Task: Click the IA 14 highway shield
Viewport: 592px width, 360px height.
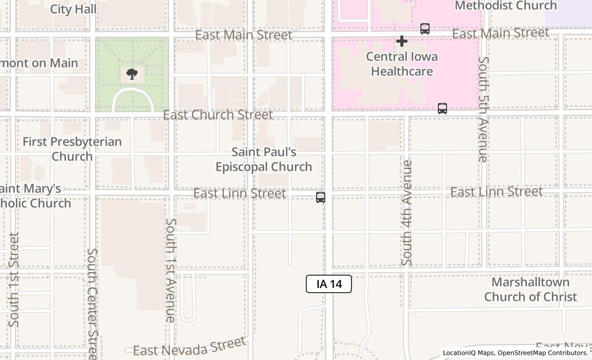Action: tap(329, 284)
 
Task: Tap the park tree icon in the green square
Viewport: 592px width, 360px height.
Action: tap(132, 74)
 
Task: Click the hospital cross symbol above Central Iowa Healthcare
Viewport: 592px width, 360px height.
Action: tap(402, 41)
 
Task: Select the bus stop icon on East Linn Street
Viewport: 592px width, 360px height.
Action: tap(321, 197)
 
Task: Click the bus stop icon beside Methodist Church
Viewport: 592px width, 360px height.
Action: tap(425, 29)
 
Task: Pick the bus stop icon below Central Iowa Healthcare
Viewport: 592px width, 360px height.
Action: tap(442, 109)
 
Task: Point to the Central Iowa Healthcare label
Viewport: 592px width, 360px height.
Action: tap(402, 64)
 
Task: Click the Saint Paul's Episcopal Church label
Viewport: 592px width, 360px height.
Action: tap(264, 159)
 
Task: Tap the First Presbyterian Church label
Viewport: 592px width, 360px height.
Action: tap(72, 149)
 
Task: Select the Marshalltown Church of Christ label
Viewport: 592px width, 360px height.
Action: tap(530, 290)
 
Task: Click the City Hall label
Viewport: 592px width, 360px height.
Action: tap(73, 9)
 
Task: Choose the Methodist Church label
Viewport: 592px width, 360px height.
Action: tap(506, 6)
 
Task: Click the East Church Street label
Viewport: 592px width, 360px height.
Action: tap(218, 115)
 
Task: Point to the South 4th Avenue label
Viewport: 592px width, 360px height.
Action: tap(407, 213)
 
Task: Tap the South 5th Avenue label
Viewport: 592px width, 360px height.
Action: tap(483, 109)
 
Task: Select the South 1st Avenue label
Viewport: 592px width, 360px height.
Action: tap(171, 271)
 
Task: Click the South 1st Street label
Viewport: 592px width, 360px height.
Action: tap(14, 280)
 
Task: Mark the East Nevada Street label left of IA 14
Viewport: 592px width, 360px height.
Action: tap(189, 348)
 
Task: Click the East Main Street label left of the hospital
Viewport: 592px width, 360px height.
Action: tap(244, 35)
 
